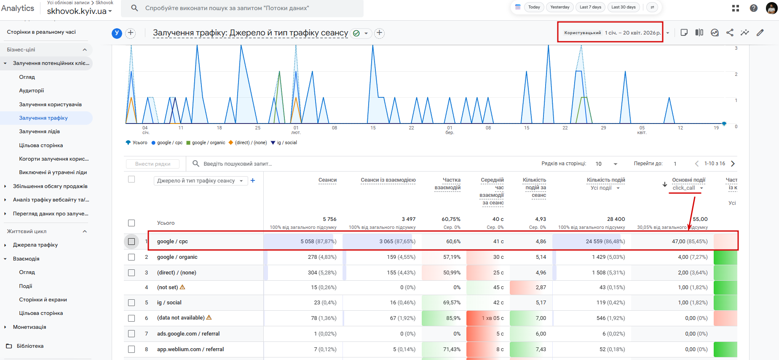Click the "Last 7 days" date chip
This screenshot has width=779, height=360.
[590, 7]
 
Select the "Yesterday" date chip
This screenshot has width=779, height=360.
[559, 7]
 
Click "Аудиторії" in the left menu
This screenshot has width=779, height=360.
[32, 91]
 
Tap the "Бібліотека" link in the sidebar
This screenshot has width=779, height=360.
[30, 346]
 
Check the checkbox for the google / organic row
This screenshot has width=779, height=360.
[131, 257]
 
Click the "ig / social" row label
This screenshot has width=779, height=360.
[169, 303]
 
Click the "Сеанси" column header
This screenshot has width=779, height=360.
[327, 180]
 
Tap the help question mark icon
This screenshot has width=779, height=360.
[754, 8]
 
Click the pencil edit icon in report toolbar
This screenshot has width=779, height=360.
[760, 32]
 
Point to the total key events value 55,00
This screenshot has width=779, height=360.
[700, 219]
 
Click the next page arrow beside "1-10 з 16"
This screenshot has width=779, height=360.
[733, 164]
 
